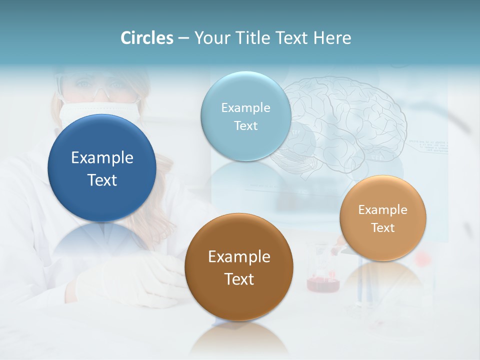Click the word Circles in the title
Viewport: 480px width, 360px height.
point(146,38)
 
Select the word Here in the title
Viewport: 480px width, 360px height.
point(332,38)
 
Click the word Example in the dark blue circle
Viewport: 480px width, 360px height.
point(102,158)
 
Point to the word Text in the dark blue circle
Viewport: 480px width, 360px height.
point(102,180)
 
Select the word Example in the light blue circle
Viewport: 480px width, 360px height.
point(245,108)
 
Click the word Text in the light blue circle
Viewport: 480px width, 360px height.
point(245,125)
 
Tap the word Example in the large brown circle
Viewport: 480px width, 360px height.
point(239,257)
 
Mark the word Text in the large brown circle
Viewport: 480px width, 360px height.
point(239,279)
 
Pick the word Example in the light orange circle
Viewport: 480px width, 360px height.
point(382,210)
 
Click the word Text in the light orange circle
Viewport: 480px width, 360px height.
point(382,228)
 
